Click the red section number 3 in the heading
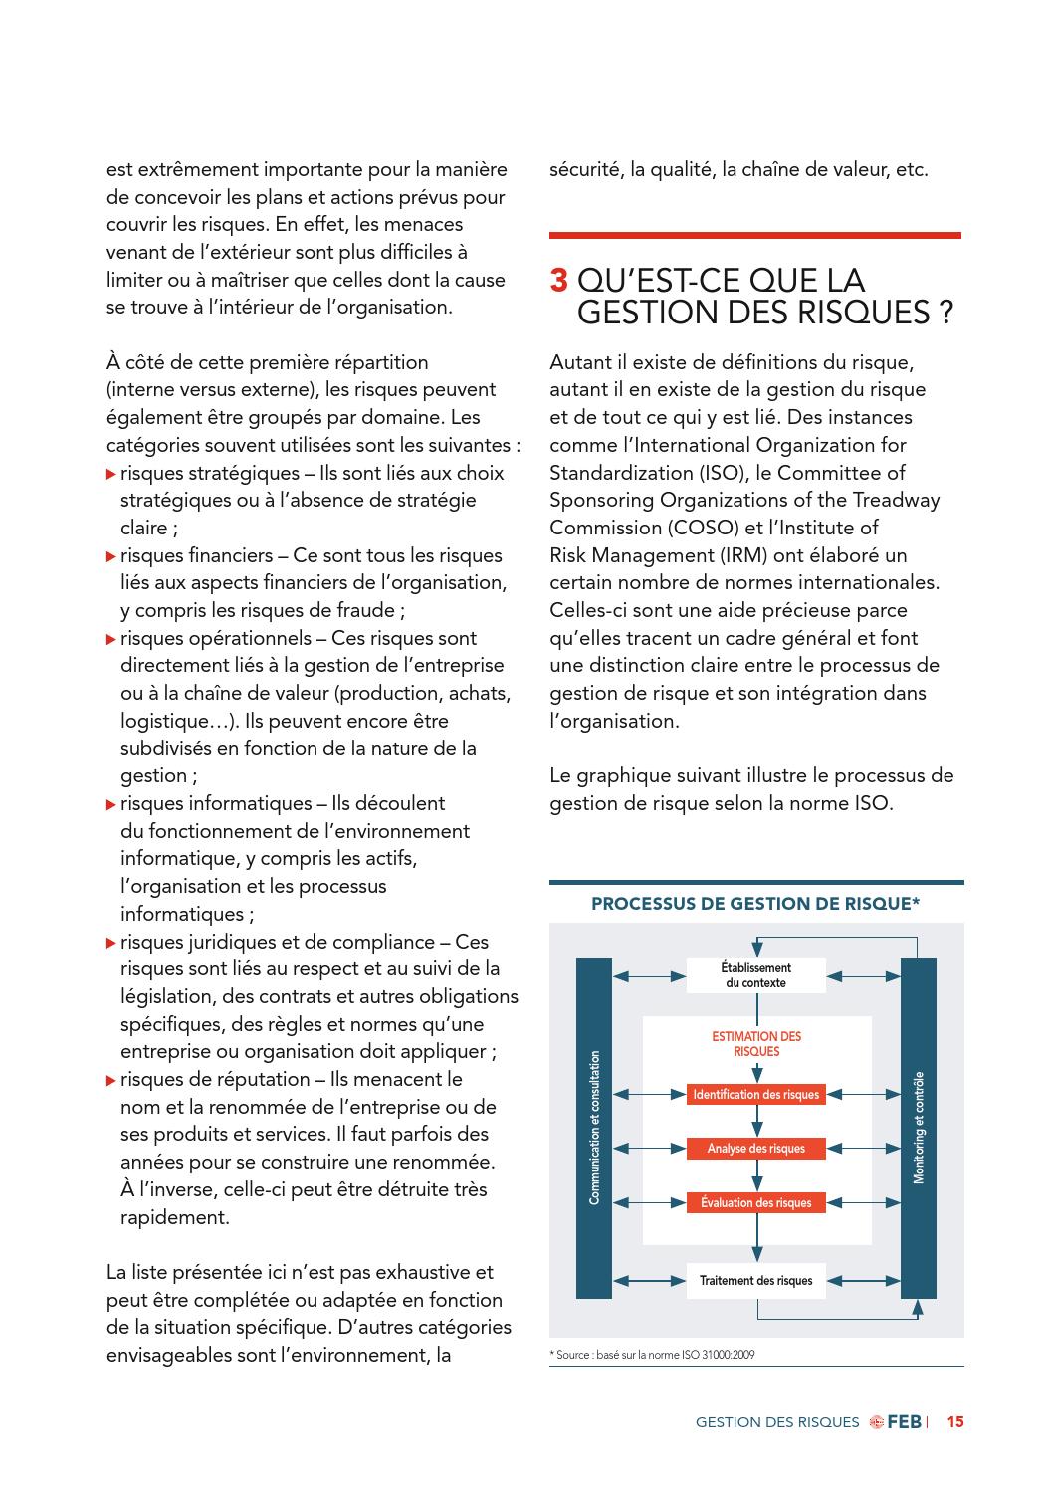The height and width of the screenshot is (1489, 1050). pyautogui.click(x=559, y=281)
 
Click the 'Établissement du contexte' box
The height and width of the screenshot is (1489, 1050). pyautogui.click(x=756, y=975)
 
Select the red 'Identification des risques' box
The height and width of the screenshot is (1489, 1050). pyautogui.click(x=756, y=1095)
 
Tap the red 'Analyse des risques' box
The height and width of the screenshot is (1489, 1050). pyautogui.click(x=756, y=1149)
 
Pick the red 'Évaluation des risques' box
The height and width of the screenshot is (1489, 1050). pyautogui.click(x=756, y=1202)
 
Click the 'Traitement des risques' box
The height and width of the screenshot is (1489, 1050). pyautogui.click(x=756, y=1281)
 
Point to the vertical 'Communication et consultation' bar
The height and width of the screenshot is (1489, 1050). pyautogui.click(x=594, y=1128)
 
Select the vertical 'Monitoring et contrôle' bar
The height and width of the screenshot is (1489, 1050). pyautogui.click(x=918, y=1128)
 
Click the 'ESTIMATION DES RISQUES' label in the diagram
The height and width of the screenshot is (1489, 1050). pyautogui.click(x=756, y=1044)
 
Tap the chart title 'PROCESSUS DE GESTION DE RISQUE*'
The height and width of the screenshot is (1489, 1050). pyautogui.click(x=755, y=904)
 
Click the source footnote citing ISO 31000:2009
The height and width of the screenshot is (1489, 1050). pyautogui.click(x=652, y=1355)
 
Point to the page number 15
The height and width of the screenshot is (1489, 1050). pyautogui.click(x=955, y=1422)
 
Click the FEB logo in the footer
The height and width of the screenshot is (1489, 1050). pyautogui.click(x=895, y=1422)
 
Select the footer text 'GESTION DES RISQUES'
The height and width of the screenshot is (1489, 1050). pyautogui.click(x=777, y=1422)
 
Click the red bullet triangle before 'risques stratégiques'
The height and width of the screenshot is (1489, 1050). pyautogui.click(x=111, y=474)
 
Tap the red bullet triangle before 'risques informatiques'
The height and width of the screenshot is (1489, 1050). pyautogui.click(x=111, y=804)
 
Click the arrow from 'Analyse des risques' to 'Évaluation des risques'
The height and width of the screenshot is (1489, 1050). pyautogui.click(x=757, y=1175)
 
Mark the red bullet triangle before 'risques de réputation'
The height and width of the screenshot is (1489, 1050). pyautogui.click(x=111, y=1080)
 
